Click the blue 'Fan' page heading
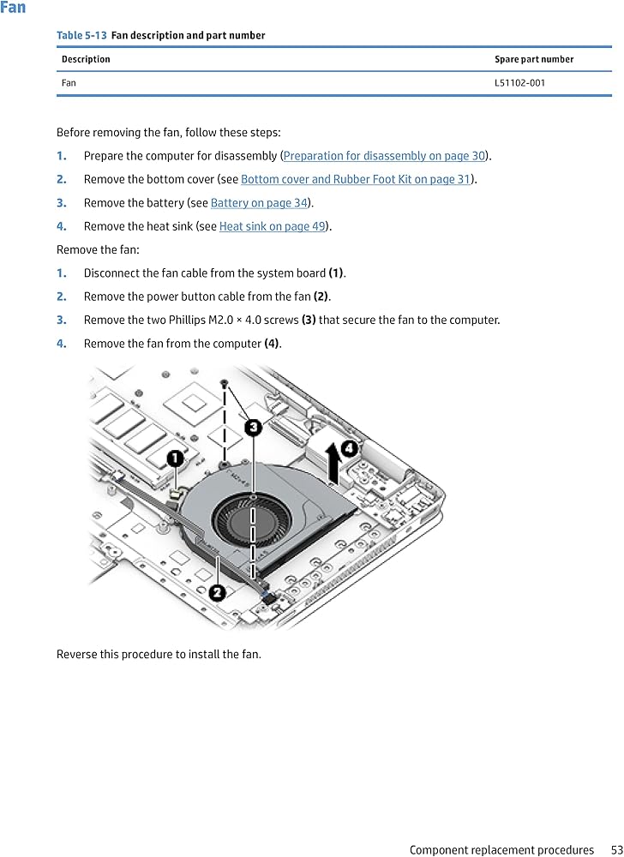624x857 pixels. click(x=14, y=8)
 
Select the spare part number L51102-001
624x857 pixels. click(x=519, y=83)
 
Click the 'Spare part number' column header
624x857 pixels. click(x=533, y=59)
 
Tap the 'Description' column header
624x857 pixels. click(x=86, y=59)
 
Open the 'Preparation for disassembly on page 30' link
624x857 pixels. click(x=384, y=156)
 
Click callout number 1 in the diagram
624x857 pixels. click(x=174, y=459)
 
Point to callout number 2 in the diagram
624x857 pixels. click(x=218, y=591)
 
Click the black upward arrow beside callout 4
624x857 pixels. click(x=333, y=458)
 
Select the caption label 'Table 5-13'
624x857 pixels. click(x=81, y=35)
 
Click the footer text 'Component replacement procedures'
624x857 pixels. click(x=501, y=850)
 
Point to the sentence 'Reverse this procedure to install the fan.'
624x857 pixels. click(x=159, y=654)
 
